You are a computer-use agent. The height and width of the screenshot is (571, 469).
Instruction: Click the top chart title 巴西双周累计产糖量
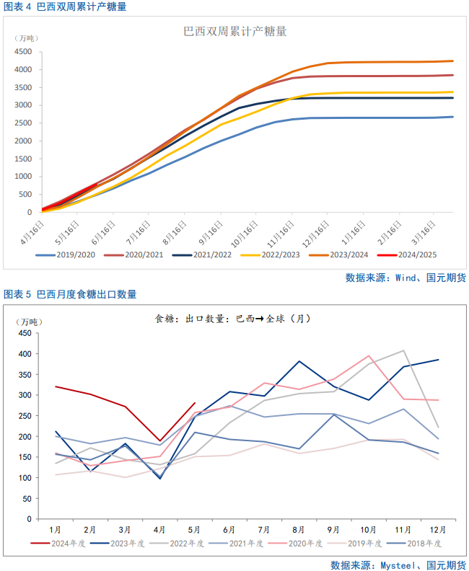tap(235, 32)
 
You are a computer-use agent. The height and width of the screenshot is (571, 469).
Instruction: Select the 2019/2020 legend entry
tap(69, 255)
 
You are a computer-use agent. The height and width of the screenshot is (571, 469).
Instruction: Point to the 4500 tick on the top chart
tap(22, 52)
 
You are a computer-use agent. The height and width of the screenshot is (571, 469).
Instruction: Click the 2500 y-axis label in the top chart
tap(22, 123)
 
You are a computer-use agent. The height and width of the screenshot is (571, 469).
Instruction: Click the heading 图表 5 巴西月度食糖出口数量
tap(70, 294)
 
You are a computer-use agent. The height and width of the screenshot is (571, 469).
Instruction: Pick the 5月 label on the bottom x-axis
tap(195, 529)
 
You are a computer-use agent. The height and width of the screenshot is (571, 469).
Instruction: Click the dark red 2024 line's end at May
tap(195, 403)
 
